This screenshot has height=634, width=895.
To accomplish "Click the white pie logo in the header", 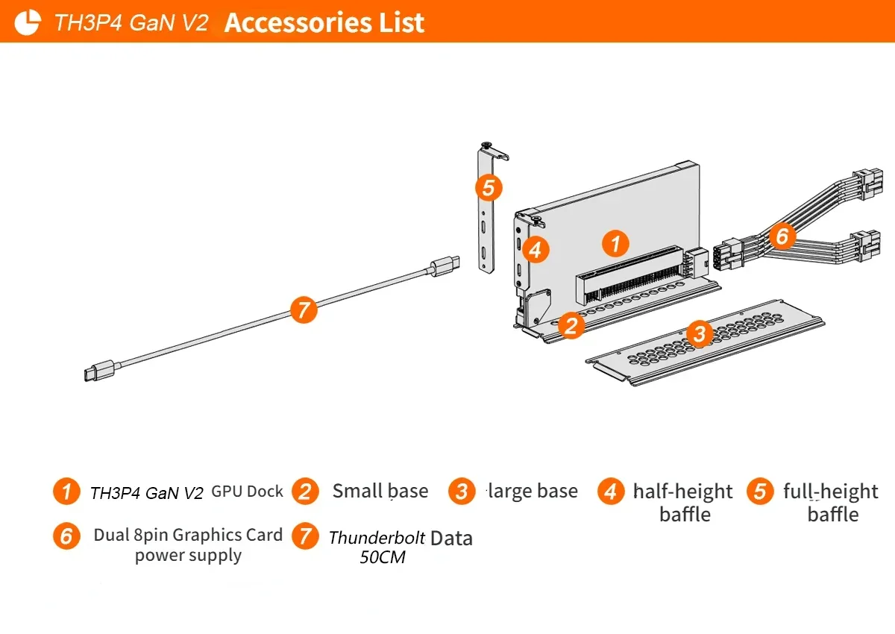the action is click(x=27, y=22).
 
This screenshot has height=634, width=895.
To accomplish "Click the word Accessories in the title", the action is click(x=298, y=22).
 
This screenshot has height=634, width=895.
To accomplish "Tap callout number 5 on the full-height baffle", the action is click(x=489, y=187).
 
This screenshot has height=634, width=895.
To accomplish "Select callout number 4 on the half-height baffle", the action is click(x=536, y=250).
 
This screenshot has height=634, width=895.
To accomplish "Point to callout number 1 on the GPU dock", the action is click(x=615, y=243).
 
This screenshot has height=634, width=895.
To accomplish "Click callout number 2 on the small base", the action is click(x=571, y=326).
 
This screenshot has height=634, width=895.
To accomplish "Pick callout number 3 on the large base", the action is click(x=700, y=333).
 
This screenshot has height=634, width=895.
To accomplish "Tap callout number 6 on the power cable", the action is click(x=782, y=236).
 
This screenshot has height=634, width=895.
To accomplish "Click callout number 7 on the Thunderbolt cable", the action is click(x=304, y=310).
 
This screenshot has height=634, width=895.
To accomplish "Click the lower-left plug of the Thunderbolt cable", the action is click(x=99, y=371).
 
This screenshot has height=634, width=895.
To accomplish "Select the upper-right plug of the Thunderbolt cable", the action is click(x=445, y=266).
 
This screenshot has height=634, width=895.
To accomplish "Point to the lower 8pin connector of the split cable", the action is click(x=867, y=245).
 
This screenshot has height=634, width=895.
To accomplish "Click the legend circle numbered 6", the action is click(x=66, y=536).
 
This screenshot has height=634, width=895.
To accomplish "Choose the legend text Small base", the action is click(x=380, y=491).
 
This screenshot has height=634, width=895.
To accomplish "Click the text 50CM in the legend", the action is click(x=383, y=557).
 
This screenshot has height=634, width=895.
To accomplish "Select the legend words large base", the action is click(x=533, y=491).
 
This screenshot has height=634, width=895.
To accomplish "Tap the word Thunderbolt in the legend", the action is click(x=377, y=538).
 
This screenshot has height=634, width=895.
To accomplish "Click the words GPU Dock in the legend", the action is click(x=247, y=492).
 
